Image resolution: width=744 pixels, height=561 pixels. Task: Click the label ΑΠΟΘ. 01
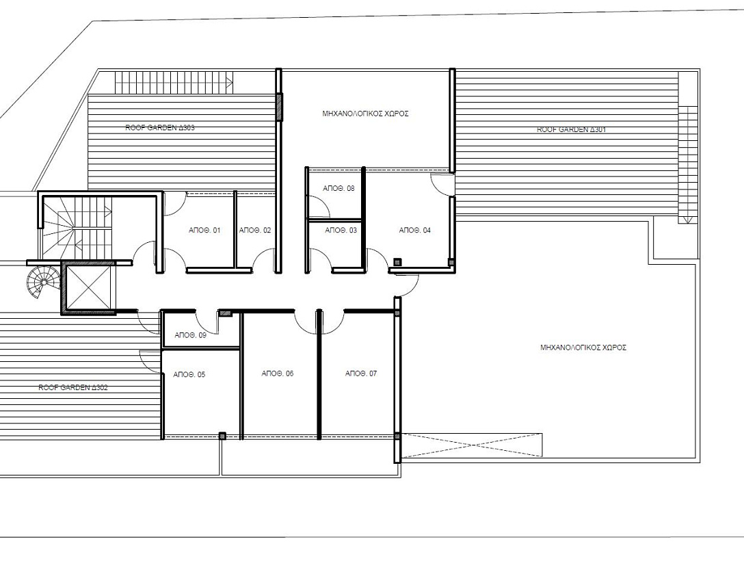[x=204, y=231]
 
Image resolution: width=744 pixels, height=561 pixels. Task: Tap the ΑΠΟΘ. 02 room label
[x=255, y=231]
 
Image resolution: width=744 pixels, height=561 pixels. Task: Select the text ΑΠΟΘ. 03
[x=341, y=231]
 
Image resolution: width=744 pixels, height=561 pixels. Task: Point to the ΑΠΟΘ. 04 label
[x=414, y=231]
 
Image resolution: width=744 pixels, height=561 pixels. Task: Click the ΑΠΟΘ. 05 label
[x=189, y=375]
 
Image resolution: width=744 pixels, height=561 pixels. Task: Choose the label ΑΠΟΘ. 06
[x=278, y=374]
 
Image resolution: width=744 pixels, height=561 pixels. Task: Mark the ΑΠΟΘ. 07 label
[x=361, y=374]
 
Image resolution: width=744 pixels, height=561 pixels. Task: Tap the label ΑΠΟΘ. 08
[x=338, y=188]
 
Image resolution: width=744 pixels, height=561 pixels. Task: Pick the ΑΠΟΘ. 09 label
[x=190, y=335]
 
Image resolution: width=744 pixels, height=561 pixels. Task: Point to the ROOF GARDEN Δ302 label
[x=72, y=387]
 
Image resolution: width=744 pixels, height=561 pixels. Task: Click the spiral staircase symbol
[x=44, y=281]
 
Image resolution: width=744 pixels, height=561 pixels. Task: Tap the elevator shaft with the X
[x=86, y=287]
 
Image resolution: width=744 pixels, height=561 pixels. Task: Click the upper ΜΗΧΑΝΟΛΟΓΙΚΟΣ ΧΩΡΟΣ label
[x=365, y=114]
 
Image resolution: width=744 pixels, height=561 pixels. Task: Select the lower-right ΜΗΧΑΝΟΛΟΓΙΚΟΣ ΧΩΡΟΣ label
[x=583, y=348]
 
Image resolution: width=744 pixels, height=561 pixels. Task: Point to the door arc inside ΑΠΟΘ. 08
[x=315, y=206]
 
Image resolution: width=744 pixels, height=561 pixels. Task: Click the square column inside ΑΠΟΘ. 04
[x=397, y=261]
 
